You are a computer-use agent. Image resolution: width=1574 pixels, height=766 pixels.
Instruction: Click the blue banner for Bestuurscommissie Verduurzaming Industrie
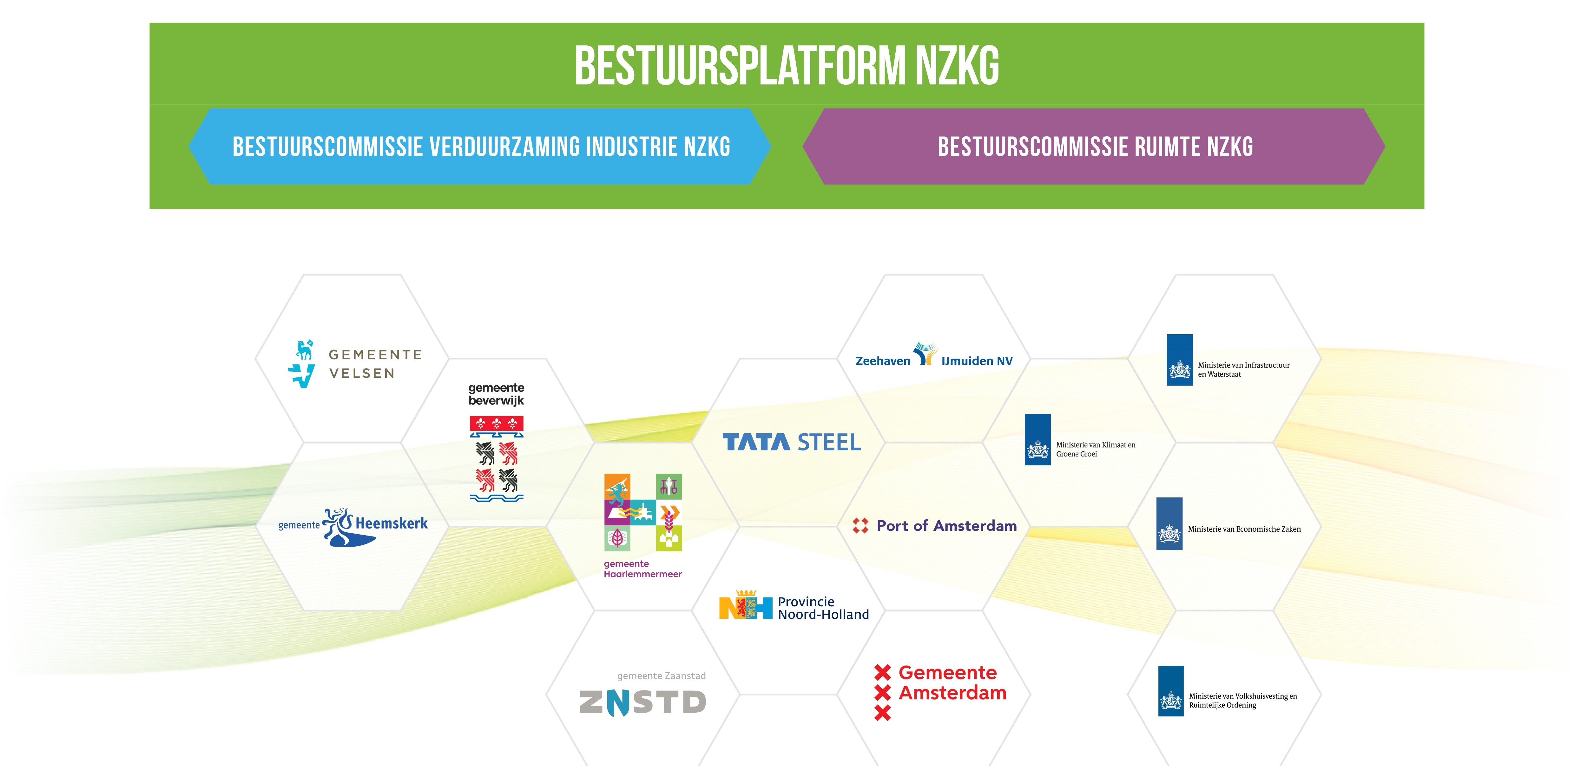[480, 147]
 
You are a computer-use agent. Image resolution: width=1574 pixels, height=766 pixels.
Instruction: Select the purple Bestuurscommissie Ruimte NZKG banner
[1094, 147]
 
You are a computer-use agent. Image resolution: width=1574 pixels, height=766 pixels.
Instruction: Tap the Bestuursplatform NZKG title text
[787, 65]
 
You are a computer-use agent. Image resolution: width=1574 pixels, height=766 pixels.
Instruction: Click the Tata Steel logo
[791, 442]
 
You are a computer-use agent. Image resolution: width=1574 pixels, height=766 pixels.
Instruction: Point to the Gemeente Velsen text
[375, 364]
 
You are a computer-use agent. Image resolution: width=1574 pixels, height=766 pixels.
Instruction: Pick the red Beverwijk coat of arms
[496, 458]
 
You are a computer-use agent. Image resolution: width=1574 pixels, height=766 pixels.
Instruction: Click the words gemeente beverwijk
[496, 394]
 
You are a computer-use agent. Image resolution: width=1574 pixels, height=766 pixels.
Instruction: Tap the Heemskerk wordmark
[392, 523]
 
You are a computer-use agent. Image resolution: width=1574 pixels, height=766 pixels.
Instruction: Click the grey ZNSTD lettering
[643, 702]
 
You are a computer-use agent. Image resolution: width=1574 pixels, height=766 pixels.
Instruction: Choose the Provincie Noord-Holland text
[823, 608]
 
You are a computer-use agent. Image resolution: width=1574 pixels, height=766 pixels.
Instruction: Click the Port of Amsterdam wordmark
[946, 526]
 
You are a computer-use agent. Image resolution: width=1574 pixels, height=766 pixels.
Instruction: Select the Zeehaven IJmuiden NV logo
[934, 355]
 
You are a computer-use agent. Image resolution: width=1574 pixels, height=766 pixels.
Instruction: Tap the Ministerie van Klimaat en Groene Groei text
[1096, 449]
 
